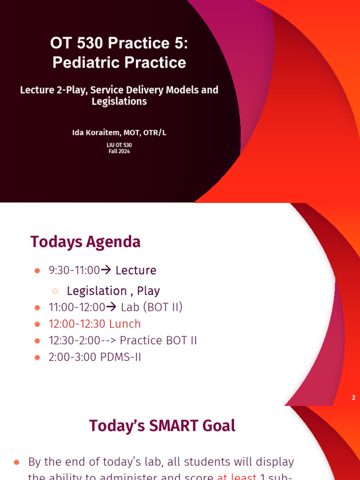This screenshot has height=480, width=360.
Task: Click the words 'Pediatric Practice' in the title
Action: click(119, 62)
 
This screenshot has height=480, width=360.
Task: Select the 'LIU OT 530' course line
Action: click(119, 145)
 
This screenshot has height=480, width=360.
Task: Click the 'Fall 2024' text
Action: click(119, 151)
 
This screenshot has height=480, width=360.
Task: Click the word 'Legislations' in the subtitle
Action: click(119, 101)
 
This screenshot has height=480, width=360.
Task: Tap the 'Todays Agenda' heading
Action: click(85, 242)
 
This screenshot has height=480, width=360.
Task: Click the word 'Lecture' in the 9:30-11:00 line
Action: click(136, 270)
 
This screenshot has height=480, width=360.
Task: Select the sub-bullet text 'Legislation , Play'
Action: click(113, 291)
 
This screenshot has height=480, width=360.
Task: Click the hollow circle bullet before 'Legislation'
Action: click(55, 291)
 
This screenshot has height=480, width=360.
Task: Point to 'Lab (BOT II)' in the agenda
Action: click(151, 307)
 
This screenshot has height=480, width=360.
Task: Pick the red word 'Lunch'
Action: click(125, 324)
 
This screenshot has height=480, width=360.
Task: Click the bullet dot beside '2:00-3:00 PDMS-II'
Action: click(38, 358)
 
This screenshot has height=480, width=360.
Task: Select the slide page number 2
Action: click(353, 397)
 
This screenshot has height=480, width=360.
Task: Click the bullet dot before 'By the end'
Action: click(17, 463)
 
